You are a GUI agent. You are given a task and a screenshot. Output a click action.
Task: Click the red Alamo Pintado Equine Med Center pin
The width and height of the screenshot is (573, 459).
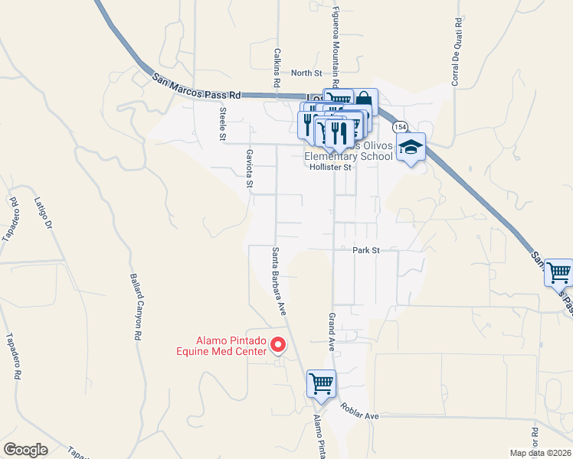click(x=278, y=347)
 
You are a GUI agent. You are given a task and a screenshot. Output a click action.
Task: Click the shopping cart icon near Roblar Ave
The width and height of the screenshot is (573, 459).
click(x=322, y=384)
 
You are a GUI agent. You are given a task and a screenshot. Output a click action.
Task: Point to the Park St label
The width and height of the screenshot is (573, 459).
click(x=366, y=250)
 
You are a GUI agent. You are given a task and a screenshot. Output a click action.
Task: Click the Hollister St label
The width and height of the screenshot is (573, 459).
click(x=335, y=167)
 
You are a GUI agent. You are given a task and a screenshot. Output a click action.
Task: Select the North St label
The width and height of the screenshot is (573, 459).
click(x=306, y=73)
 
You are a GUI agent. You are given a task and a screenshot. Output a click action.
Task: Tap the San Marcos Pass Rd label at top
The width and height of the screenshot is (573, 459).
click(x=197, y=86)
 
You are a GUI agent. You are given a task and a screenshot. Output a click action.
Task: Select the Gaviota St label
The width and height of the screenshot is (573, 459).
click(x=249, y=168)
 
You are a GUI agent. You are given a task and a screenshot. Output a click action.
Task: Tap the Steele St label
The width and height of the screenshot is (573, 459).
click(x=223, y=124)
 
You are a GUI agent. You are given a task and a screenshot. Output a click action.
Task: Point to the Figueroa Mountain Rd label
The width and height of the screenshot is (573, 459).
click(x=335, y=44)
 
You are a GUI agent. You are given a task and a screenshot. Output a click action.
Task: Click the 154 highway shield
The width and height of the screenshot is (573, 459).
click(x=399, y=126)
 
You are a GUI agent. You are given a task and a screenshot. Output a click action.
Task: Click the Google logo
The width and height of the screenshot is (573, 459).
click(x=25, y=450)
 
